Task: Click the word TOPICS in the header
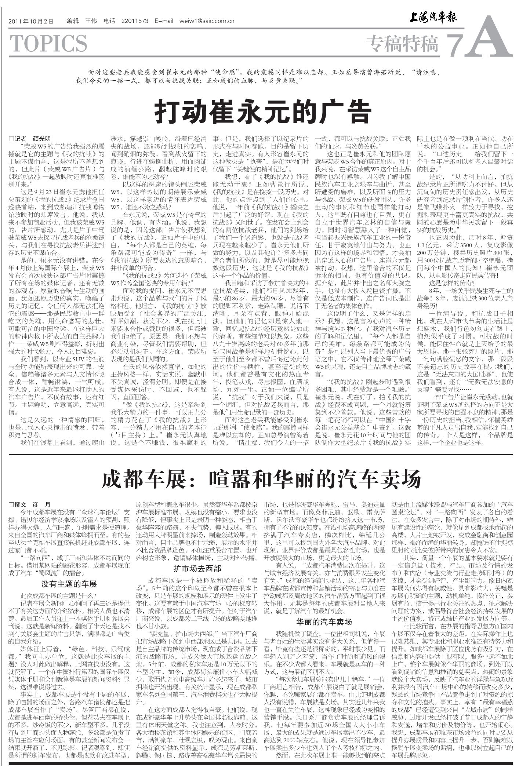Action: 48,44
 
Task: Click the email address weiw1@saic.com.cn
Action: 207,21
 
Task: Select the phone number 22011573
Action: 135,21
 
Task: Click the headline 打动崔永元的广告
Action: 263,113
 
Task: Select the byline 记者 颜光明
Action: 30,139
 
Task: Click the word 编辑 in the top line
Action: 73,21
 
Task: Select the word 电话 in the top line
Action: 109,21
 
